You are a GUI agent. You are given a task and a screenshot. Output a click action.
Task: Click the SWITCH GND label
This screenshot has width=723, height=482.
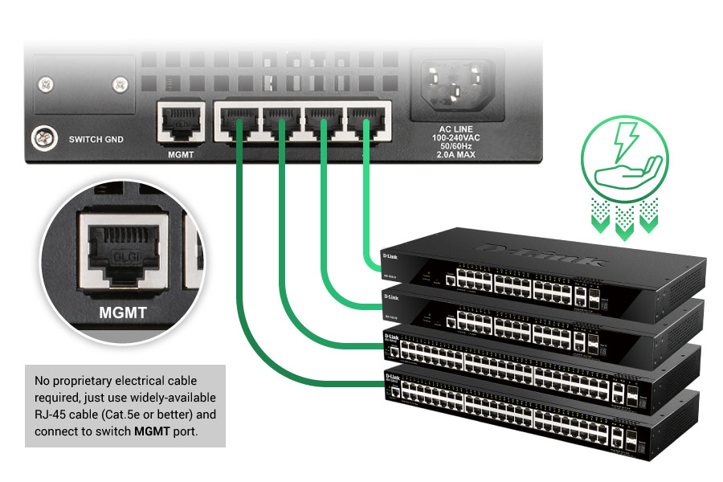96,139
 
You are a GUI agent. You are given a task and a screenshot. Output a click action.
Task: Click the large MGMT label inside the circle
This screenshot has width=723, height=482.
122,312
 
